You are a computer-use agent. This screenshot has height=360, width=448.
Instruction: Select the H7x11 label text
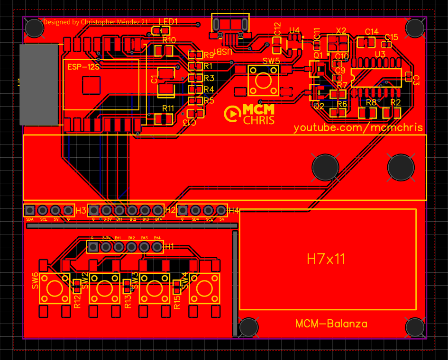[326, 259]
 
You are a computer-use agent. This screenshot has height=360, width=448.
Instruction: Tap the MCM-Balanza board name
[331, 324]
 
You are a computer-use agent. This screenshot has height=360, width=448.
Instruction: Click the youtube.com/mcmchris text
[358, 127]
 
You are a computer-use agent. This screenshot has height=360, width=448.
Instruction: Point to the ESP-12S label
[83, 66]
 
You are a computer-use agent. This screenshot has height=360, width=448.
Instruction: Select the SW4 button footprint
[204, 288]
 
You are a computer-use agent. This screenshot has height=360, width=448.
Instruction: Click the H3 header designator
[81, 210]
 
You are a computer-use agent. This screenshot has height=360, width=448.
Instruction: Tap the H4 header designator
[233, 210]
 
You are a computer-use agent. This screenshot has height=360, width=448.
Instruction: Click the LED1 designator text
[168, 22]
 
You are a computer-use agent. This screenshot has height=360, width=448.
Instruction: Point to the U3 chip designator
[380, 54]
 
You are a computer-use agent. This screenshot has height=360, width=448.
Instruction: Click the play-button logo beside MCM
[232, 114]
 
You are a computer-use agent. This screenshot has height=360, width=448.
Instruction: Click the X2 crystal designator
[341, 30]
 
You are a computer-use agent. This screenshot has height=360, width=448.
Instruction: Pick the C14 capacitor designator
[371, 32]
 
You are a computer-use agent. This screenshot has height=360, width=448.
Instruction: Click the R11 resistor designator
[168, 108]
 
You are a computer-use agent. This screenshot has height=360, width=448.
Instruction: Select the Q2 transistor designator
[319, 106]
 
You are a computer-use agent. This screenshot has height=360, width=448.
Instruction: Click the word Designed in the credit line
[55, 22]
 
